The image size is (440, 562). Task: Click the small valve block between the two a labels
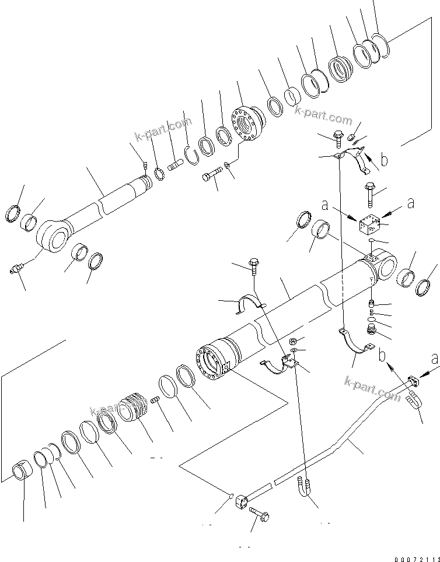[x=371, y=224]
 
